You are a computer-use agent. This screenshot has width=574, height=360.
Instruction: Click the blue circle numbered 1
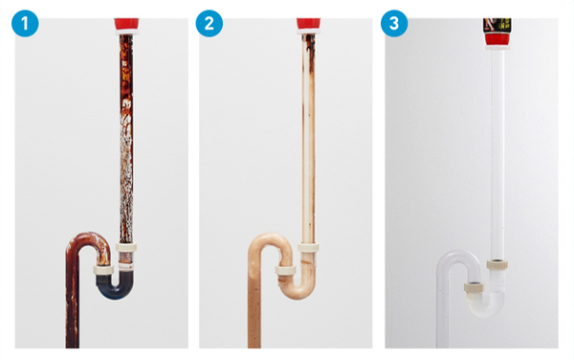tap(25, 23)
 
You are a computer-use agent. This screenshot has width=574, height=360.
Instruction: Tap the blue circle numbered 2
tap(209, 23)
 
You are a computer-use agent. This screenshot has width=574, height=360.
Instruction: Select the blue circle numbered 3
tap(394, 23)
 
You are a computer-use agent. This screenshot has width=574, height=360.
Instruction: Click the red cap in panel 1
tap(126, 24)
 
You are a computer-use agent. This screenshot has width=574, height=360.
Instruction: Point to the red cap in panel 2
tap(308, 24)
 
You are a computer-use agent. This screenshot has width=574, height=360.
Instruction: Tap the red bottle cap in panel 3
tap(497, 39)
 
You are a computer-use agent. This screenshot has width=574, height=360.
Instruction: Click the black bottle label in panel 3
tap(497, 26)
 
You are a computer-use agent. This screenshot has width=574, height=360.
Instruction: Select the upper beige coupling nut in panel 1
tap(126, 246)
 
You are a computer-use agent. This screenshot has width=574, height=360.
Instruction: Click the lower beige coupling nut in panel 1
tap(103, 270)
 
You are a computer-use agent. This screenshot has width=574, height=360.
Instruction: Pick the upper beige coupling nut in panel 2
tap(308, 247)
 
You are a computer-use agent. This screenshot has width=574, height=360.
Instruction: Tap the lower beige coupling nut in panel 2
tap(285, 271)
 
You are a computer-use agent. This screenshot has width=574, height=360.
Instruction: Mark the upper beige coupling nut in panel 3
tap(497, 264)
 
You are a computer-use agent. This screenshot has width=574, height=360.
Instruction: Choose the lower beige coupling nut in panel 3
tap(475, 287)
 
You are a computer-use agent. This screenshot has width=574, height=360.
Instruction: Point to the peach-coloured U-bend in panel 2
tap(297, 292)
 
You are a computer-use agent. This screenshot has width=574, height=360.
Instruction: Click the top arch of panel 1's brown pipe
tap(88, 236)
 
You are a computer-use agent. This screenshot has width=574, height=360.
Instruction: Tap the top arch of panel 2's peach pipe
tap(270, 236)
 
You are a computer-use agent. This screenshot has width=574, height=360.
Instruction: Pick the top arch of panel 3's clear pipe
tap(458, 254)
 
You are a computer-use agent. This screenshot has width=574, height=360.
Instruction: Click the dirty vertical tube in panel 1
tap(126, 139)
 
